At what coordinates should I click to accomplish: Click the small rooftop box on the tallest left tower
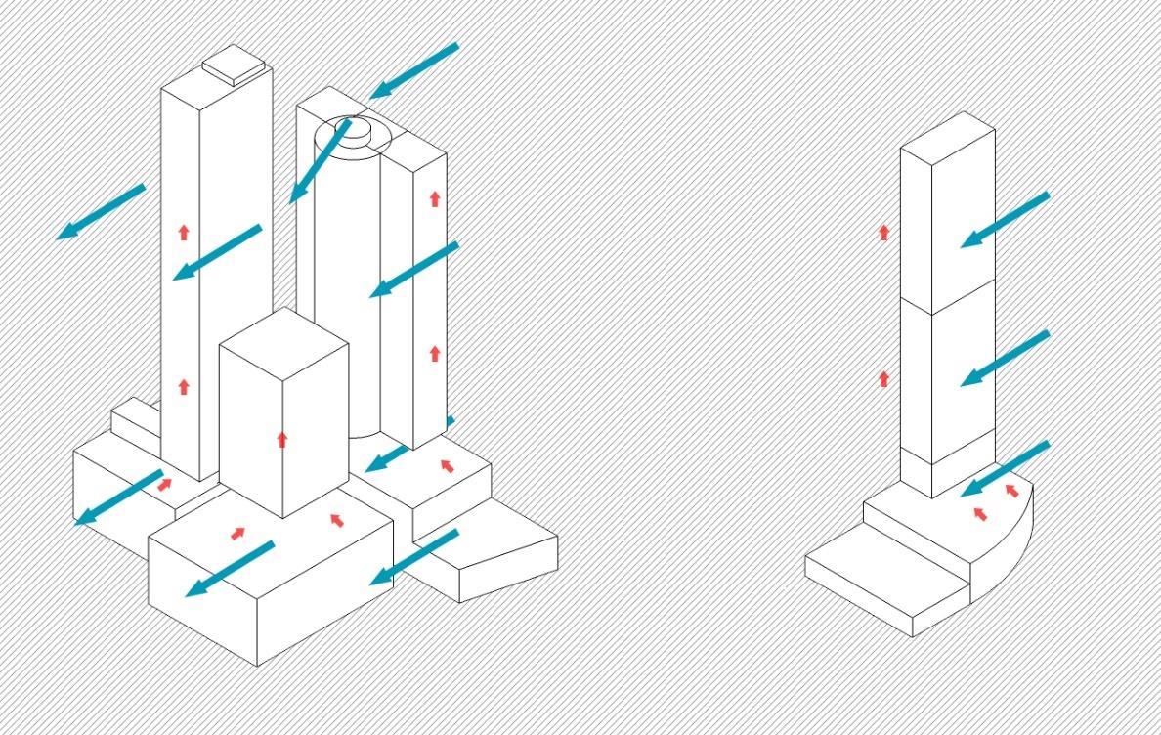coord(235,66)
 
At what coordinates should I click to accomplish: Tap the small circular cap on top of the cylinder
coord(354,128)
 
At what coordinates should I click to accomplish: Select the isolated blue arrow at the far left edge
coord(101,211)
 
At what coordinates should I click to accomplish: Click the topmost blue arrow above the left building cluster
coord(413,70)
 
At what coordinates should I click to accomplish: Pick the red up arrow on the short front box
coord(282,439)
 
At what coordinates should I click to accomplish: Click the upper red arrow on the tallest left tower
coord(184,232)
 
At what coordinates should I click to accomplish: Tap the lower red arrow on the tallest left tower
coord(184,387)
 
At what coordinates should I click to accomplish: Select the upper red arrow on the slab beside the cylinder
coord(435,198)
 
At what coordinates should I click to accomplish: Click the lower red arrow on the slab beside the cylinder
coord(435,353)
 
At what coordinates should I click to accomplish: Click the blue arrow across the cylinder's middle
coord(413,269)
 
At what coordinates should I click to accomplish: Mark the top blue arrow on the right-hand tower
coord(1004,220)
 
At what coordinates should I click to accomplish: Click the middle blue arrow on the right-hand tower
coord(1004,359)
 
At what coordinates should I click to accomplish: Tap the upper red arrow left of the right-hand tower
coord(884,232)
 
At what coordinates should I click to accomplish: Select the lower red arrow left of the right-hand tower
coord(884,378)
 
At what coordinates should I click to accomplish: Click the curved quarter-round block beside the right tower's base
coord(1007,557)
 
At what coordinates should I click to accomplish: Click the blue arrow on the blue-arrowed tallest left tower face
coord(217,252)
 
